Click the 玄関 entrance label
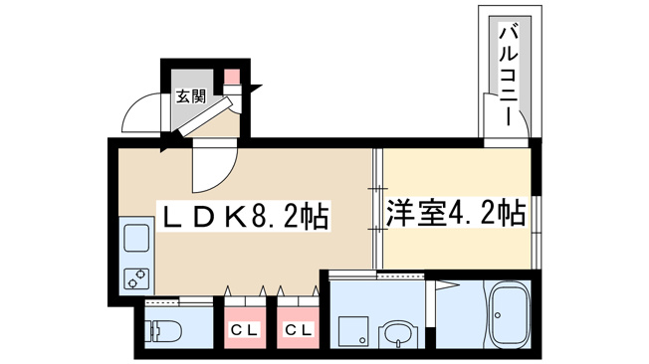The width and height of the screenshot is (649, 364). coord(191,96)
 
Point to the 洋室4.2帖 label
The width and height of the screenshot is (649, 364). coord(456,214)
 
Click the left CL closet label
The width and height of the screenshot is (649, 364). coord(245,330)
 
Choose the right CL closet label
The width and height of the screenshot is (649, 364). coord(298,330)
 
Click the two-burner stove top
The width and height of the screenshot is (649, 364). coord(136,278)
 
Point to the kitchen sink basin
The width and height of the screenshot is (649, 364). coord(136,238)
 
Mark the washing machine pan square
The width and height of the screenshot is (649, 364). coord(353,331)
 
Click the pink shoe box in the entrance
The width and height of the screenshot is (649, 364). coord(232,77)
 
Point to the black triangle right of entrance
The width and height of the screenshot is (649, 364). coord(256,89)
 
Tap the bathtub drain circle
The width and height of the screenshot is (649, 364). coord(498,315)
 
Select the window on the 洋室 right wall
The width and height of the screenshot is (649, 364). coord(536,232)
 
